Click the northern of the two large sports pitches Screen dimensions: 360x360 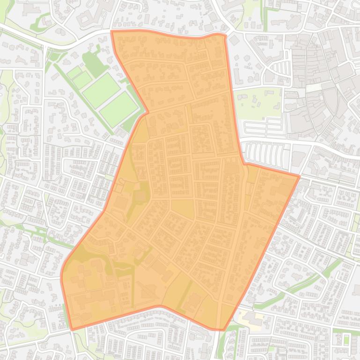pyautogui.click(x=101, y=89)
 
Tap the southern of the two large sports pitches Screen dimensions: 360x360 pyautogui.click(x=118, y=108)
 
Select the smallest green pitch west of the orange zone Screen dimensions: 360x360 pyautogui.click(x=74, y=72)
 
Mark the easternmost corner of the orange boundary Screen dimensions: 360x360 pyautogui.click(x=299, y=176)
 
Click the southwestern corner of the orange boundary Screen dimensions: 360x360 pyautogui.click(x=72, y=330)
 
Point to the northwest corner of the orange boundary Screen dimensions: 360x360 pyautogui.click(x=111, y=31)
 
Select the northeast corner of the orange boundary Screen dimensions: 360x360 pyautogui.click(x=226, y=35)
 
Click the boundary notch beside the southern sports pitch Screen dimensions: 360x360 pyautogui.click(x=147, y=112)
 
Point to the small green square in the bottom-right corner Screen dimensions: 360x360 pyautogui.click(x=346, y=339)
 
